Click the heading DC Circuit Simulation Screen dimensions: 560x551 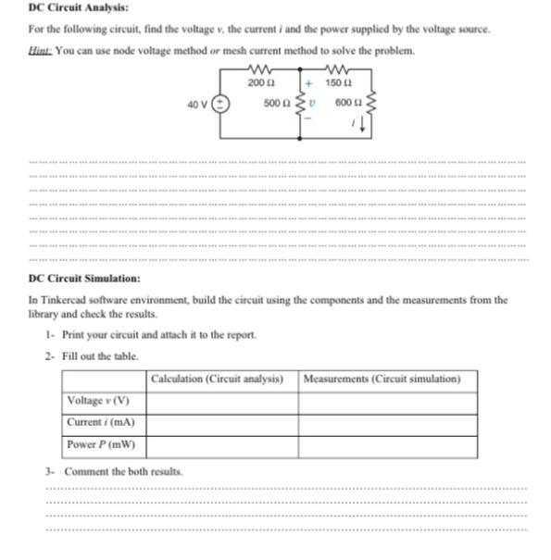point(84,278)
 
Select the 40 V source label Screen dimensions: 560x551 point(197,105)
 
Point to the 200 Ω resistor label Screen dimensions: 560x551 point(259,84)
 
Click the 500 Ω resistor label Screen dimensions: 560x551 point(275,104)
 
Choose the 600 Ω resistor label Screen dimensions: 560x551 point(346,104)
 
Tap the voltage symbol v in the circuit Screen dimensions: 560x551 point(313,104)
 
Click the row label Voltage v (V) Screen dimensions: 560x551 point(97,401)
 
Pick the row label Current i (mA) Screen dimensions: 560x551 point(100,423)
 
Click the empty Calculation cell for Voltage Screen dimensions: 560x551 point(221,401)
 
